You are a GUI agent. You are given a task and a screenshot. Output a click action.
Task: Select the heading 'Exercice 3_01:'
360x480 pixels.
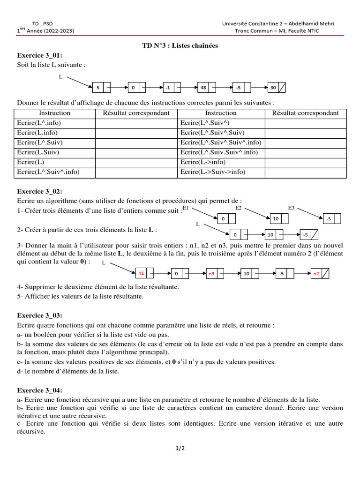pos(40,55)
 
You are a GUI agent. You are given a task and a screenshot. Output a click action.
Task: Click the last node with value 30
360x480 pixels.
pos(277,88)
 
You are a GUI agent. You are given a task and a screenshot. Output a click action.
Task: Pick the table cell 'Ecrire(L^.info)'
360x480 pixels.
pos(39,123)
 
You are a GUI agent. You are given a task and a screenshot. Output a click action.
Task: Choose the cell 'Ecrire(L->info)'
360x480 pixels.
pos(203,162)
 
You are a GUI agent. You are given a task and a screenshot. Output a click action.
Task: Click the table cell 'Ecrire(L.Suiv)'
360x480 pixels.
pos(38,152)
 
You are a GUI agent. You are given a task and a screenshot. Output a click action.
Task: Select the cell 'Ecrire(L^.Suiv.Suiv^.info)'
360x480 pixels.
pos(219,152)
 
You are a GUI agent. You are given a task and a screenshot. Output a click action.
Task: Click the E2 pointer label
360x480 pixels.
pos(238,208)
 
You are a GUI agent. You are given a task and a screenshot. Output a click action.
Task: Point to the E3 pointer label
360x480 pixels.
pos(291,208)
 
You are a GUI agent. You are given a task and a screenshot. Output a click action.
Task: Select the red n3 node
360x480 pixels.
pos(215,273)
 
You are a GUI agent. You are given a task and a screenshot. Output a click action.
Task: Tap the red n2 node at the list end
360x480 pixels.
pos(320,273)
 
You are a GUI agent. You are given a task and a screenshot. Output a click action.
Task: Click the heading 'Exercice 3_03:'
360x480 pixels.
pos(40,315)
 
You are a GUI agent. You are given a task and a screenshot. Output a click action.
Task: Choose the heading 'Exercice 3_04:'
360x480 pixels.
pos(40,390)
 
